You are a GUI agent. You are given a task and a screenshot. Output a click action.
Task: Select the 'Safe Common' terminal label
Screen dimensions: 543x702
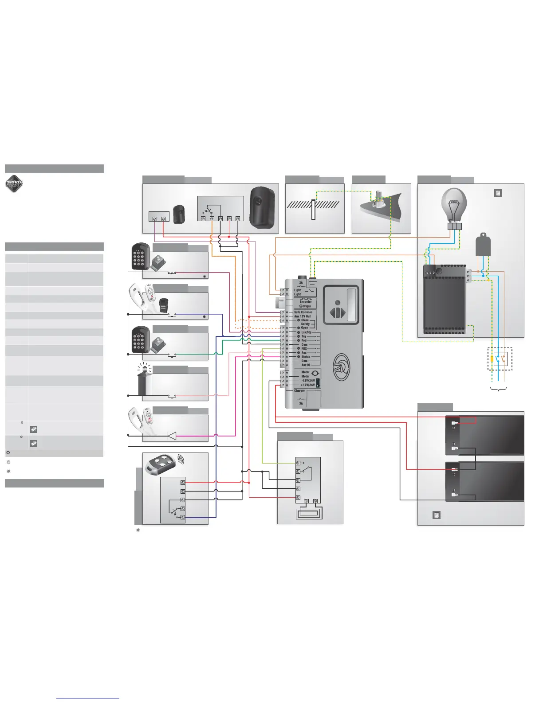pyautogui.click(x=303, y=312)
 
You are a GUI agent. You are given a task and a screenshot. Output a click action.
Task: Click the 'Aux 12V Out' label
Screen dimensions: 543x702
pyautogui.click(x=303, y=316)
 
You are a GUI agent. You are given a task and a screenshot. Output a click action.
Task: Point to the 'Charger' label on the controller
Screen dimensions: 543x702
pyautogui.click(x=299, y=391)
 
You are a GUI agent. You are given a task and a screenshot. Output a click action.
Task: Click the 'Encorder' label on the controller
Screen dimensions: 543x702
pyautogui.click(x=306, y=302)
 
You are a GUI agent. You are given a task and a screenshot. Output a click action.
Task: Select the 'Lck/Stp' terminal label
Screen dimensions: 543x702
pyautogui.click(x=306, y=332)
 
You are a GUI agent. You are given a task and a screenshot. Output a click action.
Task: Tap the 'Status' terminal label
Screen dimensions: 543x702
pyautogui.click(x=306, y=357)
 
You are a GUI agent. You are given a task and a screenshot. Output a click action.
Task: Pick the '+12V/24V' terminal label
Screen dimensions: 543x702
pyautogui.click(x=307, y=385)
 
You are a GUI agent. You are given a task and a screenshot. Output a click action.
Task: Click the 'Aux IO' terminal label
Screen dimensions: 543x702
pyautogui.click(x=306, y=365)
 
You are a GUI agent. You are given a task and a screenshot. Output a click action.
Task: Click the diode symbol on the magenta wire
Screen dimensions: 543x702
pyautogui.click(x=171, y=436)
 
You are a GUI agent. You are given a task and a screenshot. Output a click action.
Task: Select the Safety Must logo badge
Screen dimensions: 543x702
pyautogui.click(x=14, y=184)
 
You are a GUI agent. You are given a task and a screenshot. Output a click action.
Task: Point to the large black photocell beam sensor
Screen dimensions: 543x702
pyautogui.click(x=262, y=206)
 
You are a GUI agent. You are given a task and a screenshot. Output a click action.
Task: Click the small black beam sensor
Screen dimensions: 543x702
pyautogui.click(x=179, y=214)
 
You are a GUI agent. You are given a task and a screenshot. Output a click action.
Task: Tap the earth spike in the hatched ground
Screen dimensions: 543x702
pyautogui.click(x=313, y=210)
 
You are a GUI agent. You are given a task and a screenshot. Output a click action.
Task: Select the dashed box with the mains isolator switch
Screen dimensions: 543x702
pyautogui.click(x=500, y=359)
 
